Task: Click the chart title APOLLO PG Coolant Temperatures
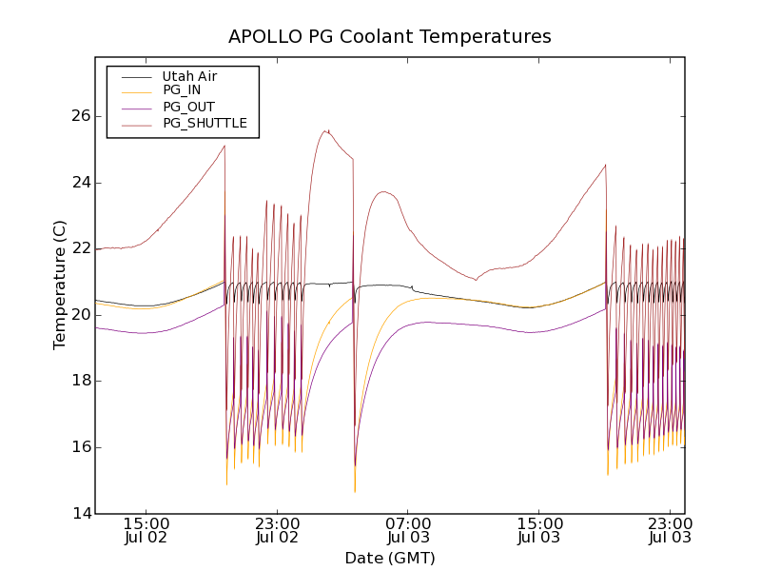tap(389, 36)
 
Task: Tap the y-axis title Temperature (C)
tap(60, 285)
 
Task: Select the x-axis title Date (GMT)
tap(389, 558)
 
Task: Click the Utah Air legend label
tap(189, 76)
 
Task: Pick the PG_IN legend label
tap(182, 90)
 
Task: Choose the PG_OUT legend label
tap(188, 107)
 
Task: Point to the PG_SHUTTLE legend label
tap(205, 123)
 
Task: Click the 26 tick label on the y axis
tap(79, 116)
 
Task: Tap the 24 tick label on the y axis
tap(79, 183)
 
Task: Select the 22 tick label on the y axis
tap(79, 248)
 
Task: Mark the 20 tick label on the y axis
tap(79, 315)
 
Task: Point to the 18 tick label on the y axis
tap(79, 381)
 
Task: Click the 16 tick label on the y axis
tap(79, 447)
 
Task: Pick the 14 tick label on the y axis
tap(79, 514)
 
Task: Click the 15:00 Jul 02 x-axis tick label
tap(146, 530)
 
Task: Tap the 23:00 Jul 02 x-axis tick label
tap(278, 530)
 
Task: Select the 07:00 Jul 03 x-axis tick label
tap(408, 530)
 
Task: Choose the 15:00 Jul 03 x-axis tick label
tap(539, 530)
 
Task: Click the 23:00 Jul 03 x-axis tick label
tap(670, 530)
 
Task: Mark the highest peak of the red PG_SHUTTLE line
tap(326, 130)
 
